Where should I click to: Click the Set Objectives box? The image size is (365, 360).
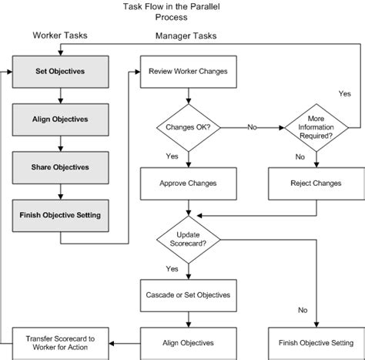60,72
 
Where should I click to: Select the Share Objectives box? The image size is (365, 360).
60,167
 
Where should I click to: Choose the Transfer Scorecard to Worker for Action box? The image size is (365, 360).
60,341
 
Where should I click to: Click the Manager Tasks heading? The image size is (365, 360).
185,35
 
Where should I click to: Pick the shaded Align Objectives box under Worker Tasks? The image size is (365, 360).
60,119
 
